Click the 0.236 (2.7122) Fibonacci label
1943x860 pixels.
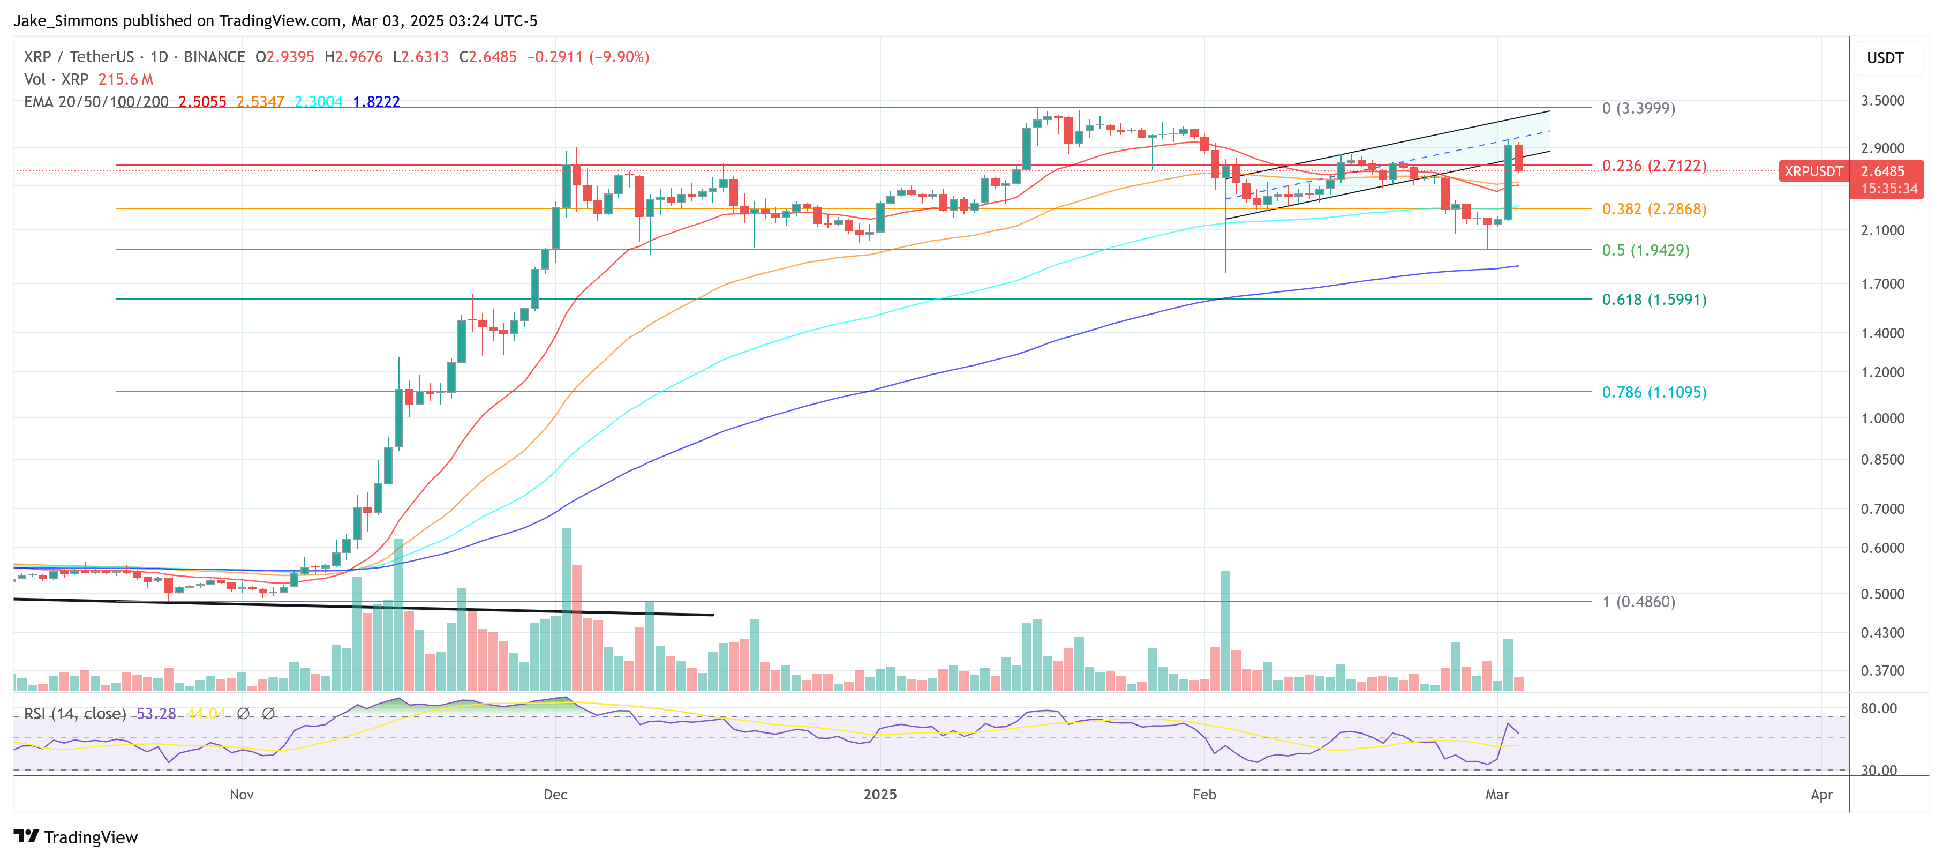tap(1653, 165)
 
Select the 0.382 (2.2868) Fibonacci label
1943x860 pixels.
tap(1653, 209)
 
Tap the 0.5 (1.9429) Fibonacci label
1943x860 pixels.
tap(1645, 250)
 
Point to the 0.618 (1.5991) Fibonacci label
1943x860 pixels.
tap(1653, 300)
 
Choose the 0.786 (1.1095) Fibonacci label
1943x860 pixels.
tap(1653, 392)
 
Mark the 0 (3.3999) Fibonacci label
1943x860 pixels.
tap(1638, 108)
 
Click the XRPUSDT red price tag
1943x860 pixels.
tap(1812, 172)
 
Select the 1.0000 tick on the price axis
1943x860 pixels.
tap(1882, 418)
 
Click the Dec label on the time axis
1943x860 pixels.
tap(555, 795)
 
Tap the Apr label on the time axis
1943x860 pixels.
tap(1821, 795)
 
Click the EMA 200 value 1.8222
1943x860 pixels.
tap(376, 102)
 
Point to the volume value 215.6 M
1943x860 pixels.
tap(125, 79)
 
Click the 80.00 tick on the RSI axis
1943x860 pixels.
tap(1878, 708)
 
